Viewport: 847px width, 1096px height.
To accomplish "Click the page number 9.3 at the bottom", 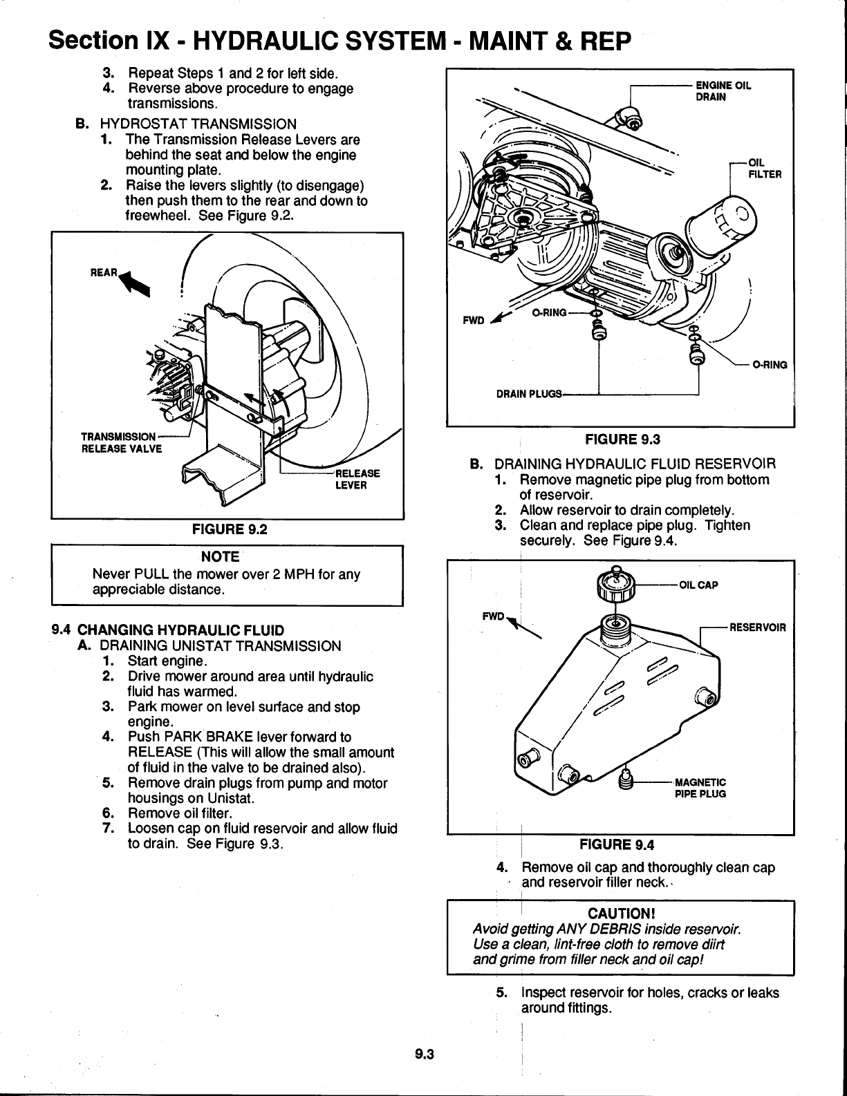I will (423, 1054).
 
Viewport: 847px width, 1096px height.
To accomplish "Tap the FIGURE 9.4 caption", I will (617, 844).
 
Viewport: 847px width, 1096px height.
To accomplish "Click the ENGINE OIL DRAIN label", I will (723, 91).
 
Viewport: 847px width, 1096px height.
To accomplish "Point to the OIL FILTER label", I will (765, 169).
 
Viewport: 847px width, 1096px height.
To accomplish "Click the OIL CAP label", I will (698, 585).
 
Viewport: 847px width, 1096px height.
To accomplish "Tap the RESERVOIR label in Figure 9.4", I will (758, 627).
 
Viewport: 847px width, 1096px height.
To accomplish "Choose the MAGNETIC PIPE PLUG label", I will (700, 788).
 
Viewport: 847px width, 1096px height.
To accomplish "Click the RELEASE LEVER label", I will (357, 479).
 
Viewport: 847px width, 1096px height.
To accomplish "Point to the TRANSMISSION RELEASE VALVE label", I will (121, 442).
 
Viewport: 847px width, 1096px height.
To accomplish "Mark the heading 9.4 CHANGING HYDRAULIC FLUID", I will (169, 630).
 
